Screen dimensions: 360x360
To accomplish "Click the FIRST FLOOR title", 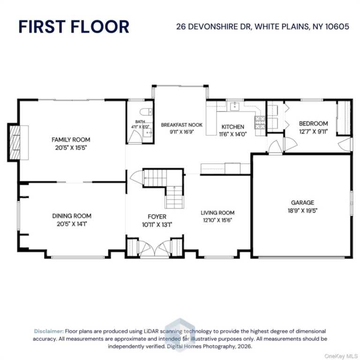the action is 74,27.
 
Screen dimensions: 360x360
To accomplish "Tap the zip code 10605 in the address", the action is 337,27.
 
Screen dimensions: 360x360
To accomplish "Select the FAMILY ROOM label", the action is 71,140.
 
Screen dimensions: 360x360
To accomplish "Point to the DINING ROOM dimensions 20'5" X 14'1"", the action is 72,224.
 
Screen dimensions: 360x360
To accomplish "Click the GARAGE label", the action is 302,202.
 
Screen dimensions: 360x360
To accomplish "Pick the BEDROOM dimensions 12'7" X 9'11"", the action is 313,132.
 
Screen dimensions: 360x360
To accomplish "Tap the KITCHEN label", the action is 232,127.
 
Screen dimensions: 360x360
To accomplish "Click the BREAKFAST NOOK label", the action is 181,125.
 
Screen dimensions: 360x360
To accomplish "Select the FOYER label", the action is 157,217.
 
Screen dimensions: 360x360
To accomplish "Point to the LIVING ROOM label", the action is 217,213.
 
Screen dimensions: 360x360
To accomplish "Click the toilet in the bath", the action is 146,112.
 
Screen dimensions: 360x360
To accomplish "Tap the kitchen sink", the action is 235,106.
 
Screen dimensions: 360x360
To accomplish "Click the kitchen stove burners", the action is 260,122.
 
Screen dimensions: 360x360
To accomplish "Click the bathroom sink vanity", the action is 148,133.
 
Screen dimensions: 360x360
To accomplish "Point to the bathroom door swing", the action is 134,137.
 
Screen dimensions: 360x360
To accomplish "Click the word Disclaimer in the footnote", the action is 49,331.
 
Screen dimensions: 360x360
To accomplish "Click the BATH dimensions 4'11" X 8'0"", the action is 140,127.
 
